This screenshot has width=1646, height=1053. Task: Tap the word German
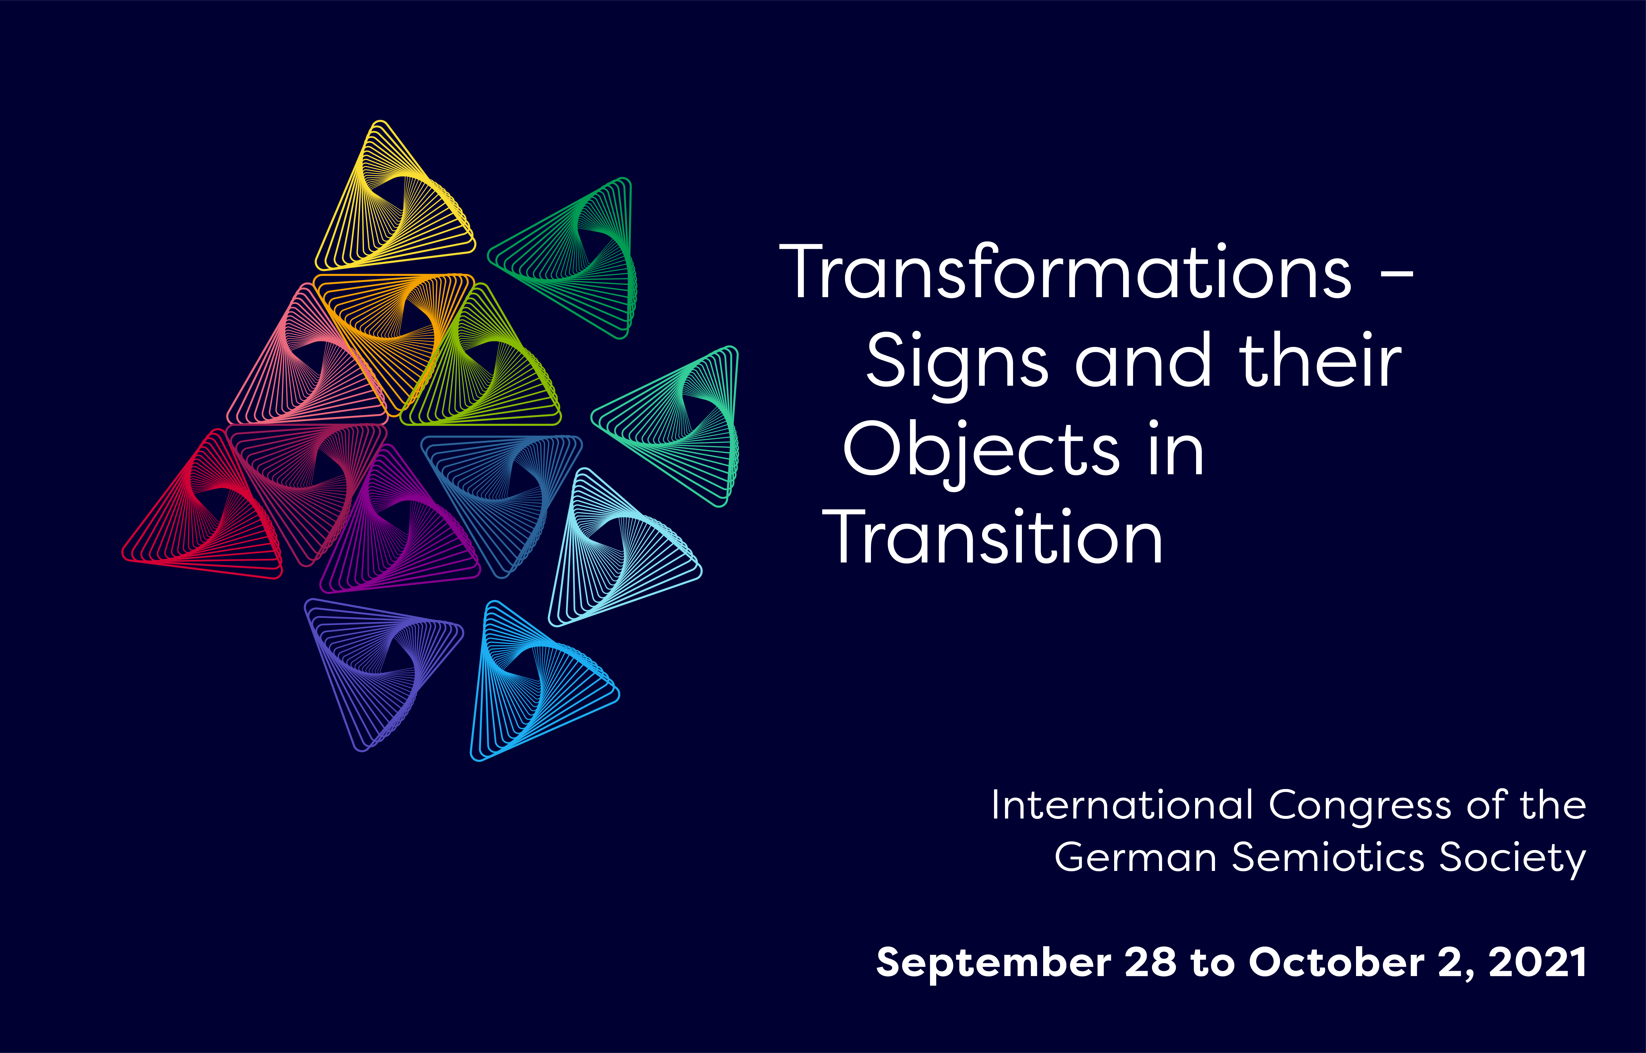[1135, 857]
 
